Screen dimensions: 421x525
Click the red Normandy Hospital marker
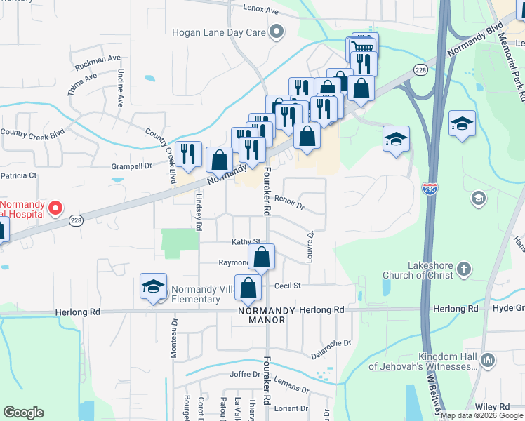(54, 208)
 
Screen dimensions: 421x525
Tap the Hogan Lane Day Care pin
(277, 32)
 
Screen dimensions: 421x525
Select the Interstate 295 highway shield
(429, 188)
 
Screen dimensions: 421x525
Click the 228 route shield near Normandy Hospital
(77, 220)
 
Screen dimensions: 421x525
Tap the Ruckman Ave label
(98, 58)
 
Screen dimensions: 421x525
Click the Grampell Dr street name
(131, 166)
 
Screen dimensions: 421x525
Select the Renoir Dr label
(289, 206)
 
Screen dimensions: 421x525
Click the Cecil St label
(287, 286)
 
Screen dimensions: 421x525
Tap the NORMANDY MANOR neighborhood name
(262, 314)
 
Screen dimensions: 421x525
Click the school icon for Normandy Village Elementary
(153, 286)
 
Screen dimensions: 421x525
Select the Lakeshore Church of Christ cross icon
(463, 269)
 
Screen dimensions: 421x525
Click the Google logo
(23, 413)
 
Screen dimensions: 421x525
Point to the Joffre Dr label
(245, 374)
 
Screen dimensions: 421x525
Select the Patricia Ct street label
(18, 175)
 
